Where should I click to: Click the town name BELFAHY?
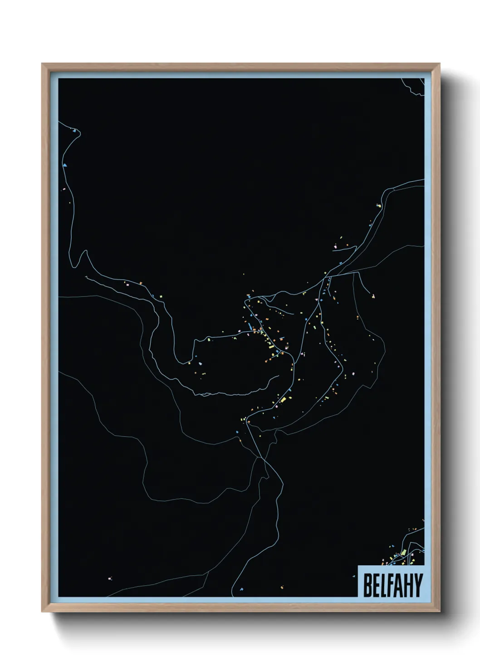392,585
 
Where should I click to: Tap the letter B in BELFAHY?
367,585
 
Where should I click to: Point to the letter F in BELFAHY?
389,585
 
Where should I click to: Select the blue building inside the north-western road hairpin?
73,131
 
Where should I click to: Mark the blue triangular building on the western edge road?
65,165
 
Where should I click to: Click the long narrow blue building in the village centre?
249,326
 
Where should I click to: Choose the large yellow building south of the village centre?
284,399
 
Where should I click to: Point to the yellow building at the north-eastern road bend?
379,205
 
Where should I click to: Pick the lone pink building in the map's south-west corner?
109,578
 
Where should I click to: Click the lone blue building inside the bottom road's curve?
241,589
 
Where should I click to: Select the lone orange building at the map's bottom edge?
282,588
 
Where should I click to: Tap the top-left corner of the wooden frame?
42,64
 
